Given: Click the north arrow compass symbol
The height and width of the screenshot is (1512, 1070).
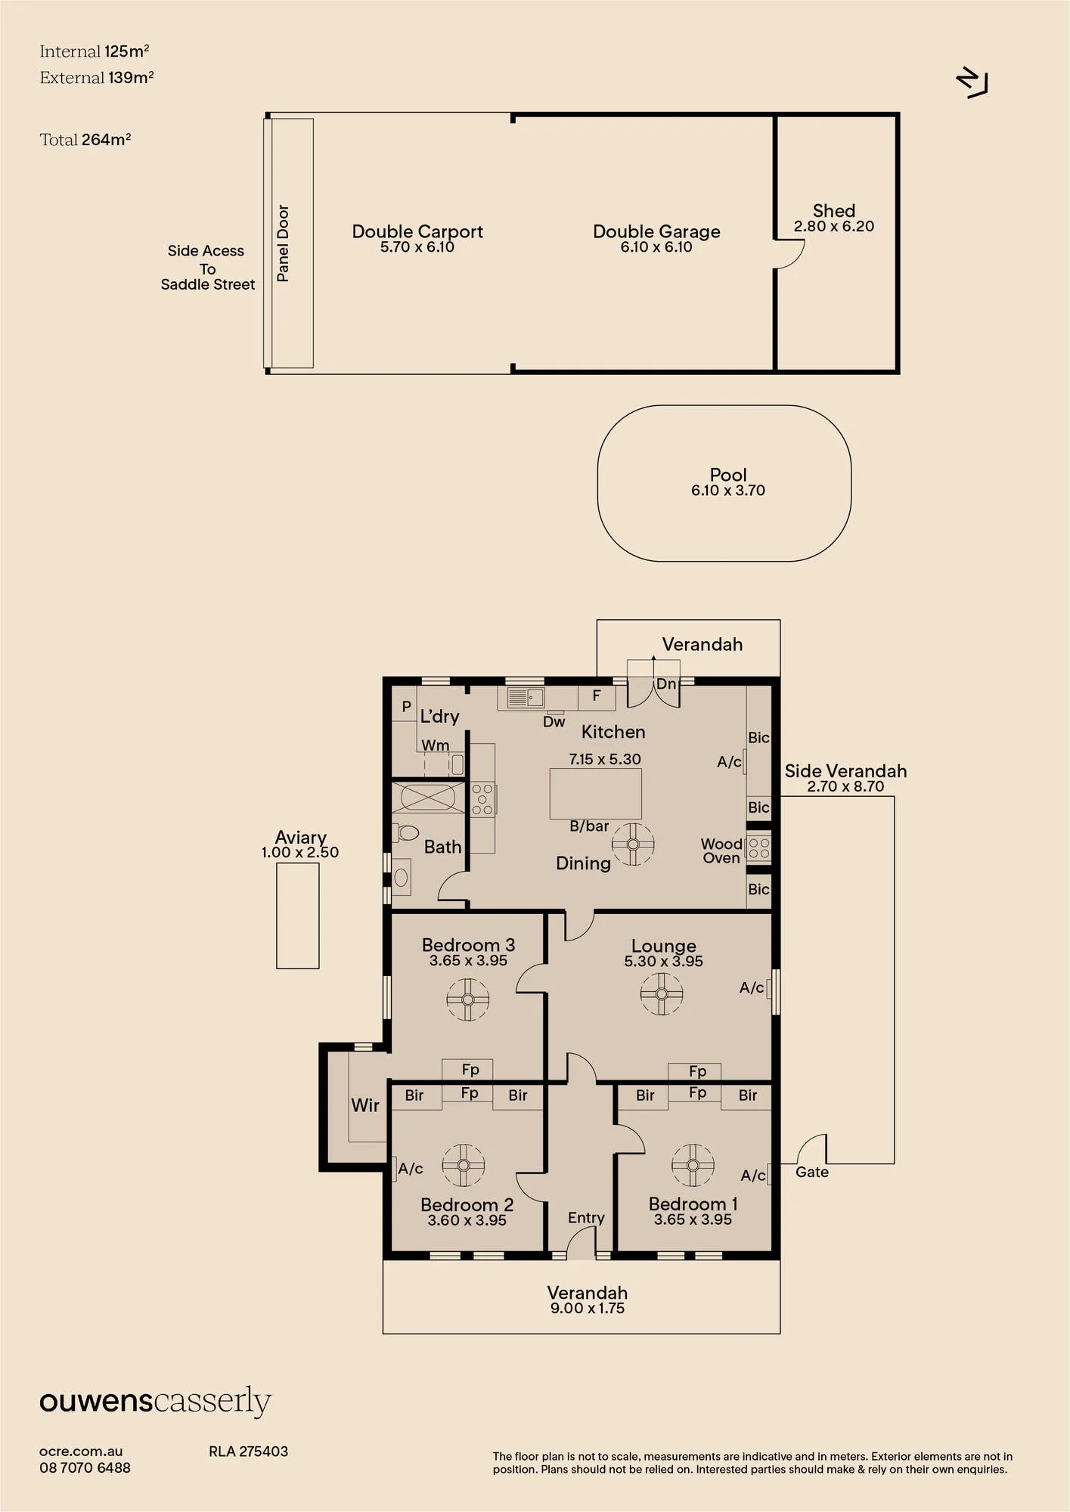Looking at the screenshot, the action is click(x=972, y=82).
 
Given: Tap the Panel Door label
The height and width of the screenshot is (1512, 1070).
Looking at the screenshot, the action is click(x=283, y=243).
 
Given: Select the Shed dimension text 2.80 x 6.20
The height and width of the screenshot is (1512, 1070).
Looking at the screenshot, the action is click(x=834, y=226).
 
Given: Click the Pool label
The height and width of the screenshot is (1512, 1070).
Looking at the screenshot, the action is click(x=728, y=475).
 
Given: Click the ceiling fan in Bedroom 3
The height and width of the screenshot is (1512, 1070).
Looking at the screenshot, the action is click(x=468, y=999).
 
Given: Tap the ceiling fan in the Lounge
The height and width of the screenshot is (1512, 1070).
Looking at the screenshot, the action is click(x=662, y=993).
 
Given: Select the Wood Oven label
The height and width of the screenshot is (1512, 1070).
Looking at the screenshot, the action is click(x=721, y=850).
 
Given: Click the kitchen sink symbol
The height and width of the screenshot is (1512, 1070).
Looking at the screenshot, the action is click(x=526, y=697).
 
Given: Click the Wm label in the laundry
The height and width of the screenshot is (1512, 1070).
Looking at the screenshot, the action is click(x=436, y=745).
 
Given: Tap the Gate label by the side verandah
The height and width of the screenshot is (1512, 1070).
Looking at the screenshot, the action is click(x=812, y=1173).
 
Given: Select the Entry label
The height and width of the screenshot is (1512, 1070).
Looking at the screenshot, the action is click(x=586, y=1218).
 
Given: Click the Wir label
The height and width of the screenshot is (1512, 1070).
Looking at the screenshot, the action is click(x=365, y=1105).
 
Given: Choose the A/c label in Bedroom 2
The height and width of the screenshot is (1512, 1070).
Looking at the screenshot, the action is click(x=411, y=1169).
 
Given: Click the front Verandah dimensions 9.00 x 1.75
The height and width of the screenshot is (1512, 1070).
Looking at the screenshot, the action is click(x=588, y=1309).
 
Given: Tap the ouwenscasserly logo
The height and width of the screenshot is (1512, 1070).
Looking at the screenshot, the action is click(x=155, y=1402).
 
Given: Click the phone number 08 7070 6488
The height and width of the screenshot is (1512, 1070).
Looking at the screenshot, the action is click(x=85, y=1468).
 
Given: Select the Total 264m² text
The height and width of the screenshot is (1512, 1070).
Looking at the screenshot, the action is click(x=85, y=140).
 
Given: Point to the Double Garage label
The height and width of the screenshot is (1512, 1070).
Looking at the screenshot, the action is click(x=656, y=231).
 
